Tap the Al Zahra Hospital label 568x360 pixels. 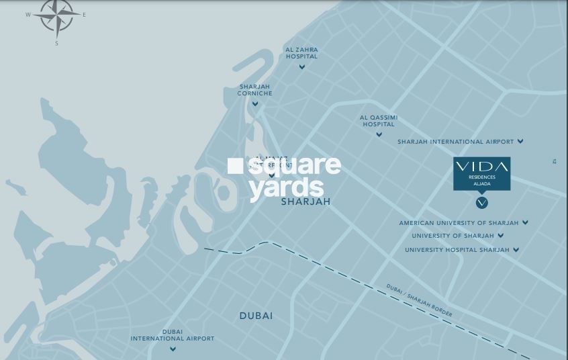tap(301, 53)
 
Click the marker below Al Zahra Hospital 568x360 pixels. tap(302, 66)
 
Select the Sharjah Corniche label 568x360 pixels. tap(255, 90)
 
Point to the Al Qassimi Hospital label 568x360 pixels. tap(379, 121)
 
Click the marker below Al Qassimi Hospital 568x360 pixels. tap(379, 134)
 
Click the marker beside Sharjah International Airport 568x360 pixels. tap(520, 142)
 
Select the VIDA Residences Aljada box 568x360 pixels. tap(481, 173)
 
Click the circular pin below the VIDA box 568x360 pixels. tap(481, 202)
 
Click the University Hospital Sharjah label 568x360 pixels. tap(457, 250)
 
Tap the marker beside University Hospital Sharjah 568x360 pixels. tap(516, 250)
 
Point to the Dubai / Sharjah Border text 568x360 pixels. tap(419, 301)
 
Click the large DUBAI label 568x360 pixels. tap(256, 316)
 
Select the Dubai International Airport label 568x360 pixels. tap(173, 335)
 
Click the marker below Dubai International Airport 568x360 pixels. tap(173, 349)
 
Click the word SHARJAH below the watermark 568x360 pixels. tap(305, 201)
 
